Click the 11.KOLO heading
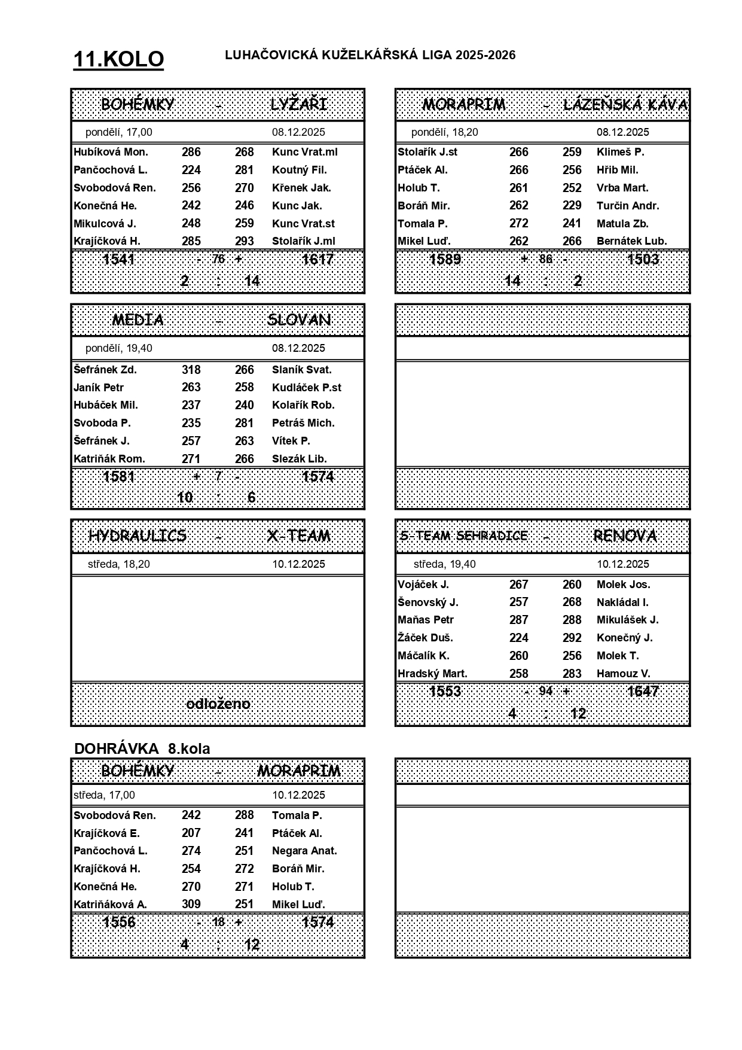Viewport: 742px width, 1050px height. pos(118,59)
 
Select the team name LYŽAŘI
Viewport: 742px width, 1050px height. pos(299,104)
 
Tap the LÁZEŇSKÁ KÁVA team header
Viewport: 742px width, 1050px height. pos(625,105)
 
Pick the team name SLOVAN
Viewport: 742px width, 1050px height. pos(299,319)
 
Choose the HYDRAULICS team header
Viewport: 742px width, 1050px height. pos(138,535)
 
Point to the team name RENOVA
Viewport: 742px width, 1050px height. pos(625,535)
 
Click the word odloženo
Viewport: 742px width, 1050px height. pos(218,704)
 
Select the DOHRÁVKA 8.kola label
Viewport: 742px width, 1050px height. pos(142,748)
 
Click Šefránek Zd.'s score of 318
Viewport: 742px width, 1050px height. pos(191,370)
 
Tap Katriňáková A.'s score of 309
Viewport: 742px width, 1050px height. pos(191,904)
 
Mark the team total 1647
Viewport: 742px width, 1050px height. pos(643,692)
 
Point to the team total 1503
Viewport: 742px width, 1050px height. pos(643,259)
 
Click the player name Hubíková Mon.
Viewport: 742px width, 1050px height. pos(111,152)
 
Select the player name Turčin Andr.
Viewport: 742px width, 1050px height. pos(628,205)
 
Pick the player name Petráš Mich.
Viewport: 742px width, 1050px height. pos(303,423)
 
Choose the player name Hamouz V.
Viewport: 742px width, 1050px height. pos(623,674)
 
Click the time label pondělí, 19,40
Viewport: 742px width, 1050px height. pos(118,348)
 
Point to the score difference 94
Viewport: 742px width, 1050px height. pos(546,692)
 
